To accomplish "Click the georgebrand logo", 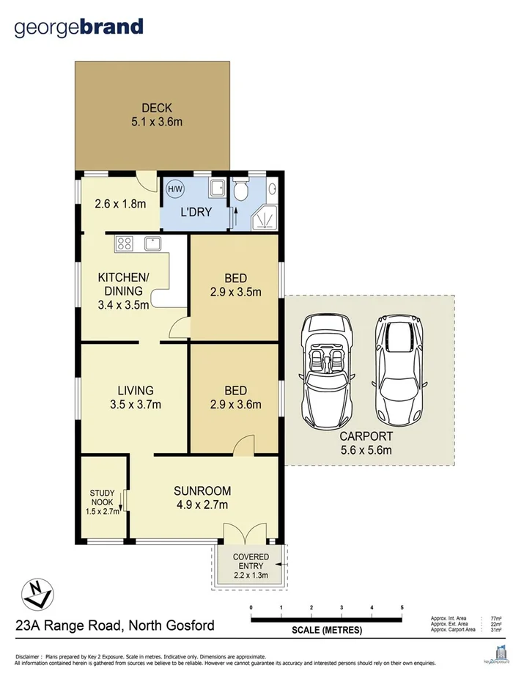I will pos(79,28).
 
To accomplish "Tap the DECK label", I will pos(157,109).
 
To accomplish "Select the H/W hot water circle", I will pos(175,189).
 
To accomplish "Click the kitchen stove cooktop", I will pos(124,243).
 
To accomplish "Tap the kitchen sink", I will pos(152,243).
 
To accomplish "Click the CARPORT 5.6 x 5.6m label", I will pos(371,443).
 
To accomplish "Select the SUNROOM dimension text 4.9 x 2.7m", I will pos(203,504).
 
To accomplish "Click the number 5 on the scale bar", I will pos(402,608).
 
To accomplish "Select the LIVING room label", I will pos(136,390).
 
